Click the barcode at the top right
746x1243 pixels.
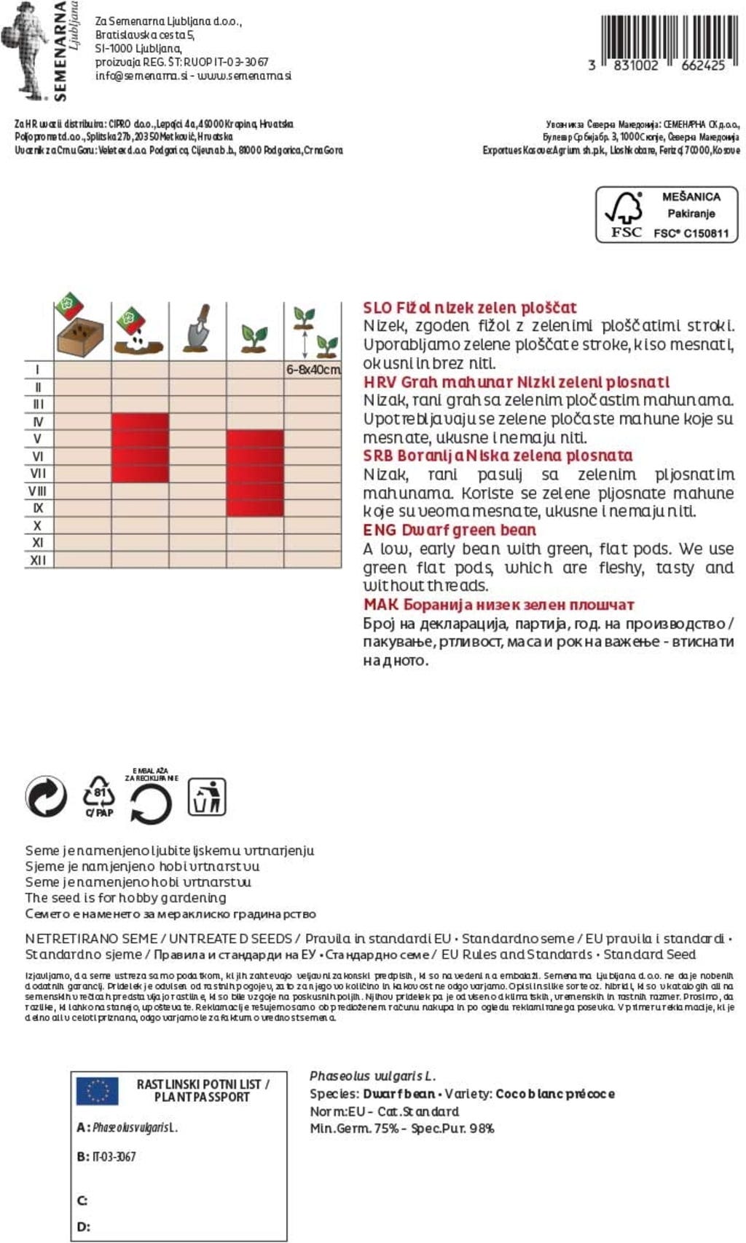664,39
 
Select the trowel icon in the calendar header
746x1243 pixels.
197,329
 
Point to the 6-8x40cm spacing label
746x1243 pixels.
313,370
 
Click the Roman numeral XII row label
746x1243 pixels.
38,560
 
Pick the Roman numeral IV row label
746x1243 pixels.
38,422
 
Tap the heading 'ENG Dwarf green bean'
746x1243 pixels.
449,531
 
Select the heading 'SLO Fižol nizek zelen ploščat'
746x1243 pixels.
470,308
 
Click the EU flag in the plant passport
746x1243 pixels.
98,1091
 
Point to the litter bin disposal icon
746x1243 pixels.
207,796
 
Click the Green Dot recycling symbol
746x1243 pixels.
46,796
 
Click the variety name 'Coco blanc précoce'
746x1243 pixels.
554,1094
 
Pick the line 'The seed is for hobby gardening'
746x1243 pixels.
125,898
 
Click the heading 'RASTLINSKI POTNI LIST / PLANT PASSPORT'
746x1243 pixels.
203,1090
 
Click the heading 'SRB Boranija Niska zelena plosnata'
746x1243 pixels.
498,456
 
